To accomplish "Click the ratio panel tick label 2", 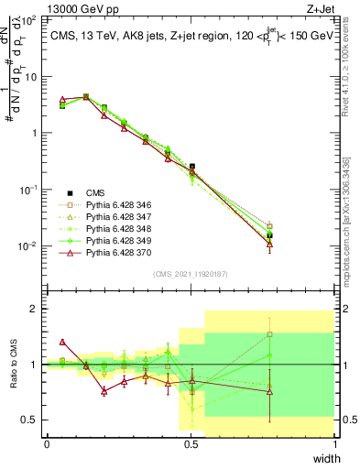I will click(35, 309).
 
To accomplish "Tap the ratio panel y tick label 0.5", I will click(30, 420).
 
